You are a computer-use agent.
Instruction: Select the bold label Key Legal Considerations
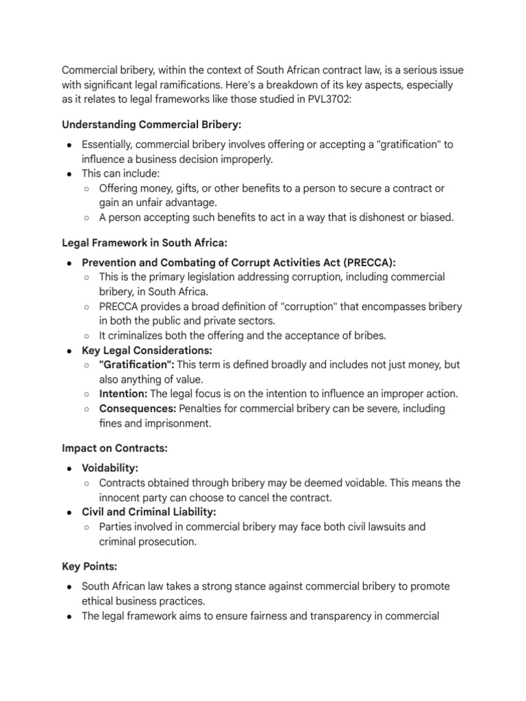click(x=147, y=350)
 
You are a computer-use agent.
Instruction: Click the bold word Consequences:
click(x=138, y=409)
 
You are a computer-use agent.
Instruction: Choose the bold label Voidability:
click(x=110, y=468)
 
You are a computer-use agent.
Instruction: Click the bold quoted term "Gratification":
click(x=137, y=365)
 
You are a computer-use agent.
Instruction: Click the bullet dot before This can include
click(x=70, y=173)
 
